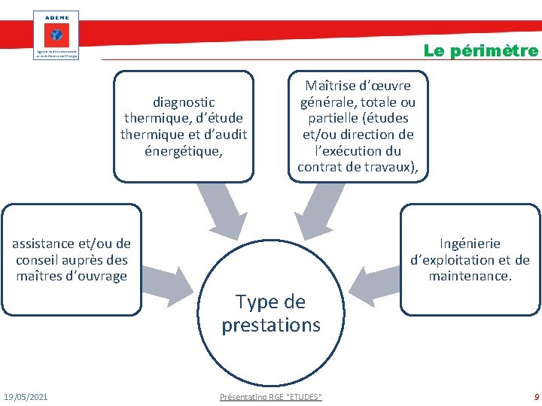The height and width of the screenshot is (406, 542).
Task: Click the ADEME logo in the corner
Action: click(x=56, y=35)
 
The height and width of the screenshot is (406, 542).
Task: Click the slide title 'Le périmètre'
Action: click(x=481, y=51)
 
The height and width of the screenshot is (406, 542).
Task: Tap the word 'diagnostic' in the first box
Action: click(x=184, y=101)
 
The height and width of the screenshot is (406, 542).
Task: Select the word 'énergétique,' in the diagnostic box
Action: click(x=184, y=150)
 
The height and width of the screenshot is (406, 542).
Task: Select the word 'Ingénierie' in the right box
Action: click(x=470, y=244)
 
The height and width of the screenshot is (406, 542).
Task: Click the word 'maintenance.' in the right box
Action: click(x=470, y=276)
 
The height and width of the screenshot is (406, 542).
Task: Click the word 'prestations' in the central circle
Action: click(x=271, y=326)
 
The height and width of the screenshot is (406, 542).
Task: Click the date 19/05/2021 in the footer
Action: click(x=26, y=396)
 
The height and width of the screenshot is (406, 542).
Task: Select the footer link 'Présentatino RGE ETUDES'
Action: click(x=271, y=396)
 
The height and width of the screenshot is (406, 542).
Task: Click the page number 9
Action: click(x=535, y=396)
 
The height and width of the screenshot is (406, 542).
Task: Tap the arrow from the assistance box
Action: click(x=167, y=278)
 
